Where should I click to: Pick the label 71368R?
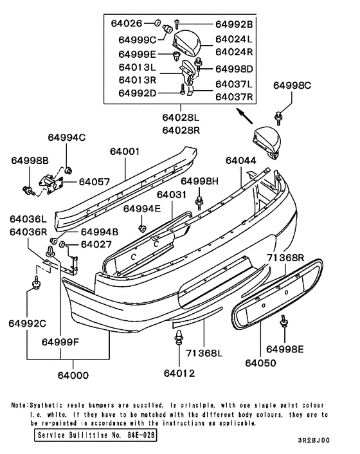285,257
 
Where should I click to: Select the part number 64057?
94,182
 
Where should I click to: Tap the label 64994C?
67,137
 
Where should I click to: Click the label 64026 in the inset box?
134,24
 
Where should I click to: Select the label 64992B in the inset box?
234,24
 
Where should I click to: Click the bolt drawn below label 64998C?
279,116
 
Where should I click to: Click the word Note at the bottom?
19,406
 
